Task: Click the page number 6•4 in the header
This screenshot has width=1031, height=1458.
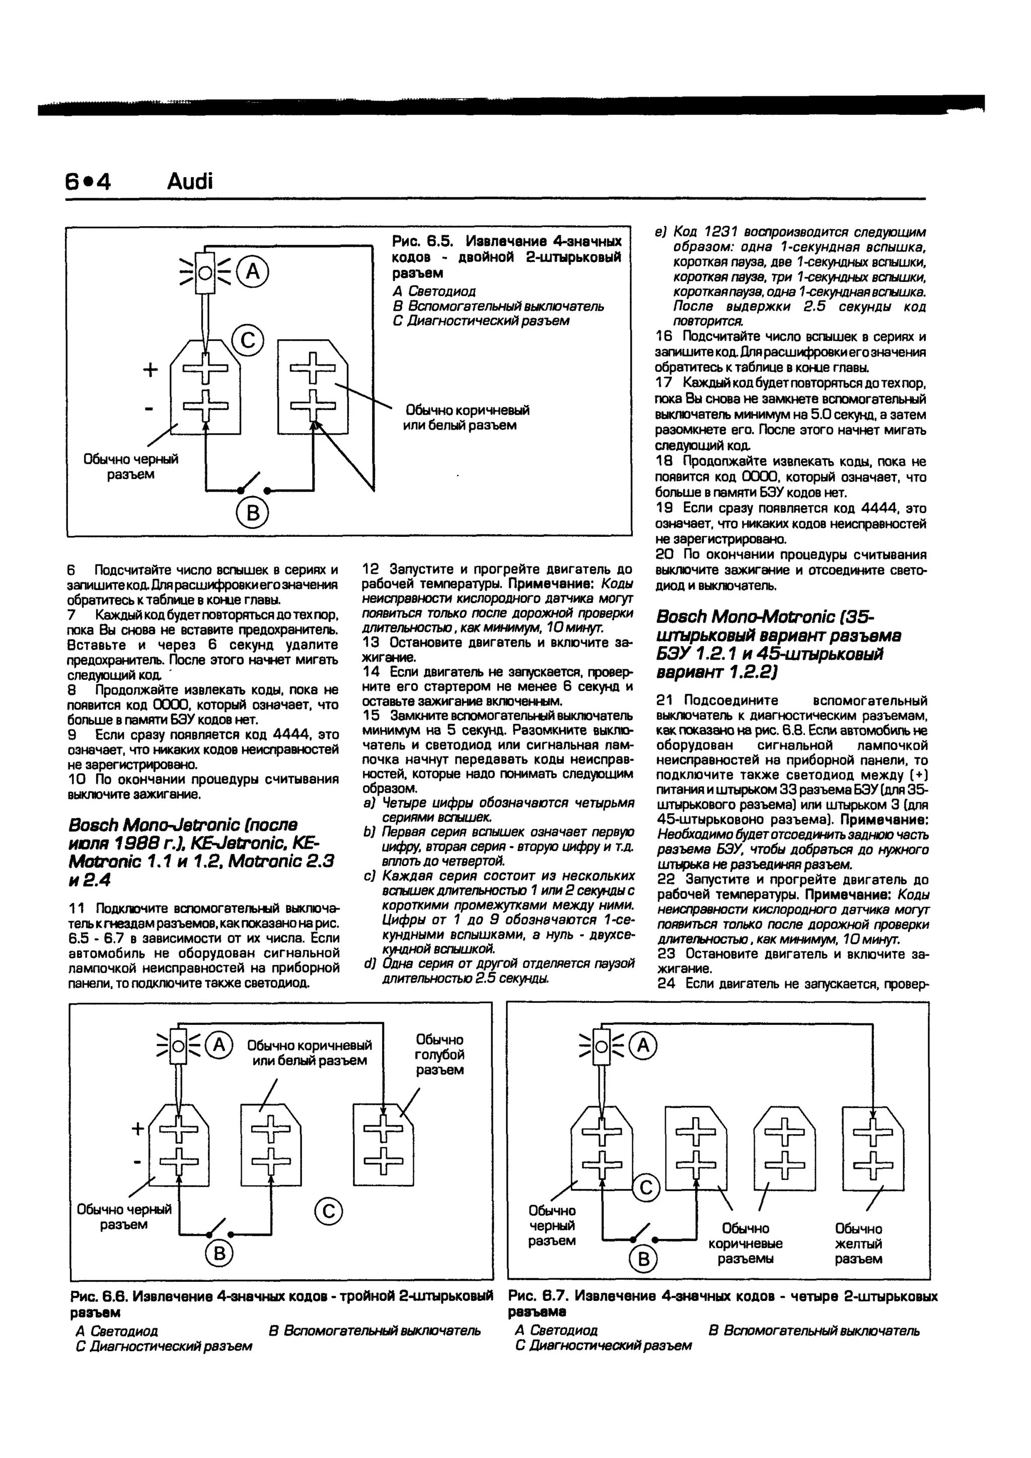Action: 88,182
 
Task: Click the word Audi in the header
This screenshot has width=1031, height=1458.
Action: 190,182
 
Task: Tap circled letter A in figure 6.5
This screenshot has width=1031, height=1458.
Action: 253,272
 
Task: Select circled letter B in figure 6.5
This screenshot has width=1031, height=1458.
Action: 252,513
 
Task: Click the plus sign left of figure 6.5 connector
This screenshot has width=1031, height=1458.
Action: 151,370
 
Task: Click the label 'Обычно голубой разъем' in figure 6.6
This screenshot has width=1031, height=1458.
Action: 439,1055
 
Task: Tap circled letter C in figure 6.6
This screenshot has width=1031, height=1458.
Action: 328,1212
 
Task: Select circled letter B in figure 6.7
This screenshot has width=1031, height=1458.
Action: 643,1259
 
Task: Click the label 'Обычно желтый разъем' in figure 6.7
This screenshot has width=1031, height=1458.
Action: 858,1243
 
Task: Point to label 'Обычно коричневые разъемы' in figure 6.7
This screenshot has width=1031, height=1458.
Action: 746,1243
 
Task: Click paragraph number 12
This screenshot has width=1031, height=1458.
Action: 370,568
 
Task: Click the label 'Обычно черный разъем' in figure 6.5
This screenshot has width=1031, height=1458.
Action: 131,467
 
